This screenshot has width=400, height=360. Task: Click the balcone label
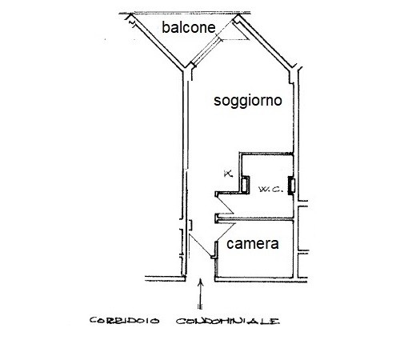tap(189, 27)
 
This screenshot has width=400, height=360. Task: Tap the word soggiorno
tap(248, 101)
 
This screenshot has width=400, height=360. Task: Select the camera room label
tap(253, 244)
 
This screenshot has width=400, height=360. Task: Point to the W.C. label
tap(270, 190)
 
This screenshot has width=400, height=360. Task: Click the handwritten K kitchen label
tap(228, 174)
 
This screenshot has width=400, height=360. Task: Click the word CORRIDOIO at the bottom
tap(124, 320)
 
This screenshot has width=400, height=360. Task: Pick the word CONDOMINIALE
tap(228, 321)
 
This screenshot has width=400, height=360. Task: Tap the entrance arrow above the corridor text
tap(200, 294)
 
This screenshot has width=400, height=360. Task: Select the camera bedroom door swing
tap(226, 232)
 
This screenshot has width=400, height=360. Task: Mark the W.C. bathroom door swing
tap(226, 203)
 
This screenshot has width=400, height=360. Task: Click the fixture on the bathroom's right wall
tap(291, 186)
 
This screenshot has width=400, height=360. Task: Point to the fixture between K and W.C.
tap(245, 184)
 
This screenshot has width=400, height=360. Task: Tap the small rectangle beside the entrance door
tap(190, 225)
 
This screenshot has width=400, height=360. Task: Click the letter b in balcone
tap(166, 27)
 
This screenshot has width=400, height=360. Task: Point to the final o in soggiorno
tap(278, 101)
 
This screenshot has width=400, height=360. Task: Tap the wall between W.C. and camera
tap(255, 219)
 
